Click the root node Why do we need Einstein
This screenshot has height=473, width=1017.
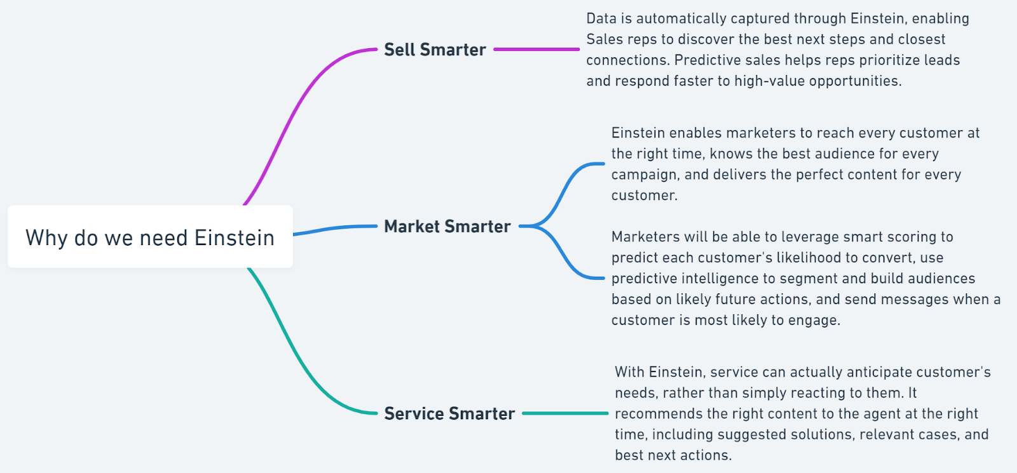point(150,237)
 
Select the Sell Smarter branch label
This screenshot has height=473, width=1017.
point(435,50)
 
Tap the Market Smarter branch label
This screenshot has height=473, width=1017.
point(447,226)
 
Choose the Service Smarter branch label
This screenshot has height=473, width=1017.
point(449,413)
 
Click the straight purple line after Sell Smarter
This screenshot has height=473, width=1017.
point(536,49)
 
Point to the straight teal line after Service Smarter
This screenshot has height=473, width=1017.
point(565,413)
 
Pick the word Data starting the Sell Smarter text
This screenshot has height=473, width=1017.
point(601,18)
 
